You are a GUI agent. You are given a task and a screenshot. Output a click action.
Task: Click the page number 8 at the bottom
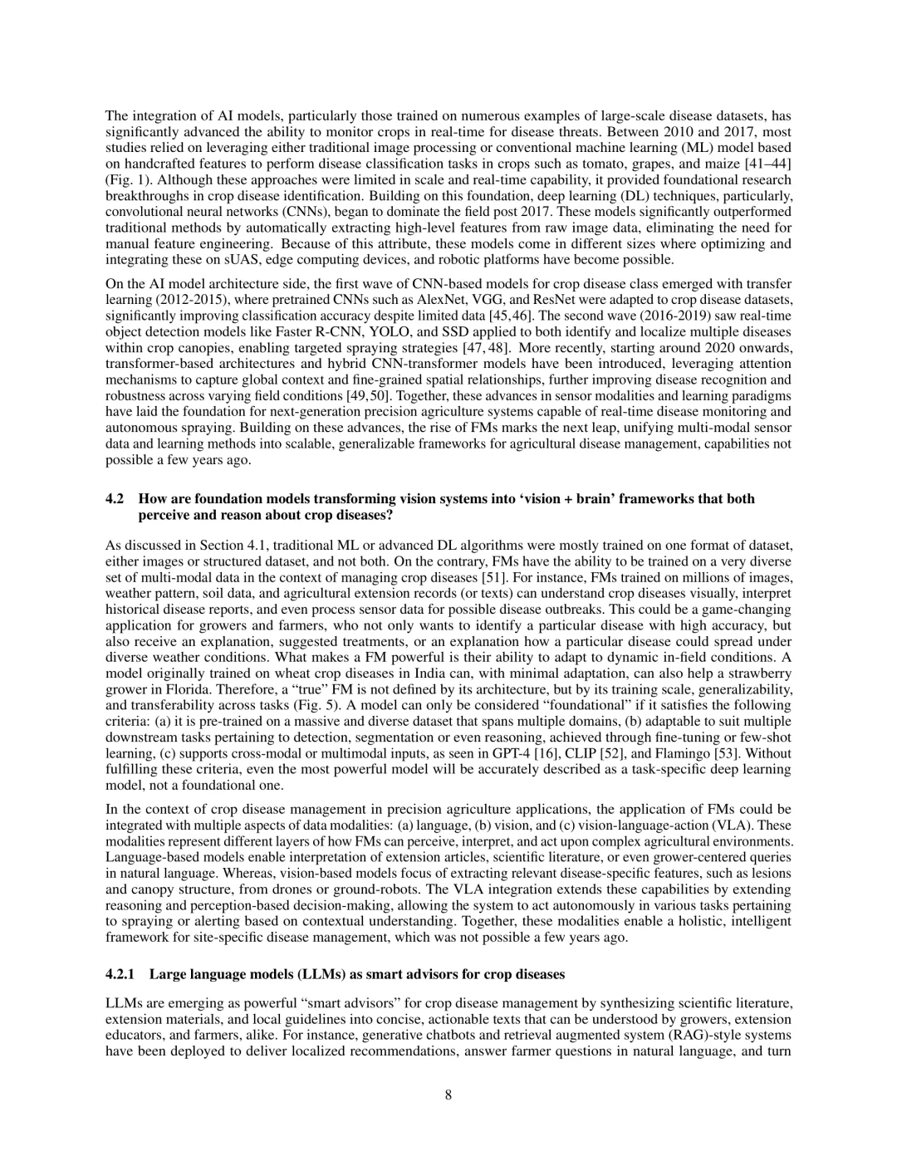coord(448,1095)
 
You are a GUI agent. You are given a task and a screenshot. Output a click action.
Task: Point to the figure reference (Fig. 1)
coord(123,179)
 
